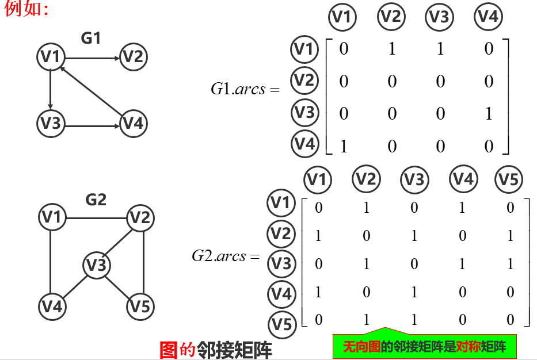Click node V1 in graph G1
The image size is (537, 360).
coord(51,56)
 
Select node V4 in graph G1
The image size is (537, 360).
coord(134,123)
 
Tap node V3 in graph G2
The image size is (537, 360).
coord(96,265)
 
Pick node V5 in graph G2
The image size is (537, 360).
coord(140,305)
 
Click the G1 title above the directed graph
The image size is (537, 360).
coord(90,39)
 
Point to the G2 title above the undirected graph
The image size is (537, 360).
coord(96,200)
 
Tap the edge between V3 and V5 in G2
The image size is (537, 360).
coord(118,285)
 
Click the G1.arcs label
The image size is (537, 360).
coord(245,89)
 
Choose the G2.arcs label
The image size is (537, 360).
coord(226,256)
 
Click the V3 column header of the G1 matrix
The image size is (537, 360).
coord(439,17)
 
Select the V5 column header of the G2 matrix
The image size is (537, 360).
coord(509,180)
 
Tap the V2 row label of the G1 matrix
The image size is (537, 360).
coord(304,80)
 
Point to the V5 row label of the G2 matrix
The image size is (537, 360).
coord(281,324)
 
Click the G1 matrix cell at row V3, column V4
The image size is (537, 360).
coord(489,114)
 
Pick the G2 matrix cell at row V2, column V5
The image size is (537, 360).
coord(510,236)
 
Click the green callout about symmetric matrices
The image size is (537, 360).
coord(424,347)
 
